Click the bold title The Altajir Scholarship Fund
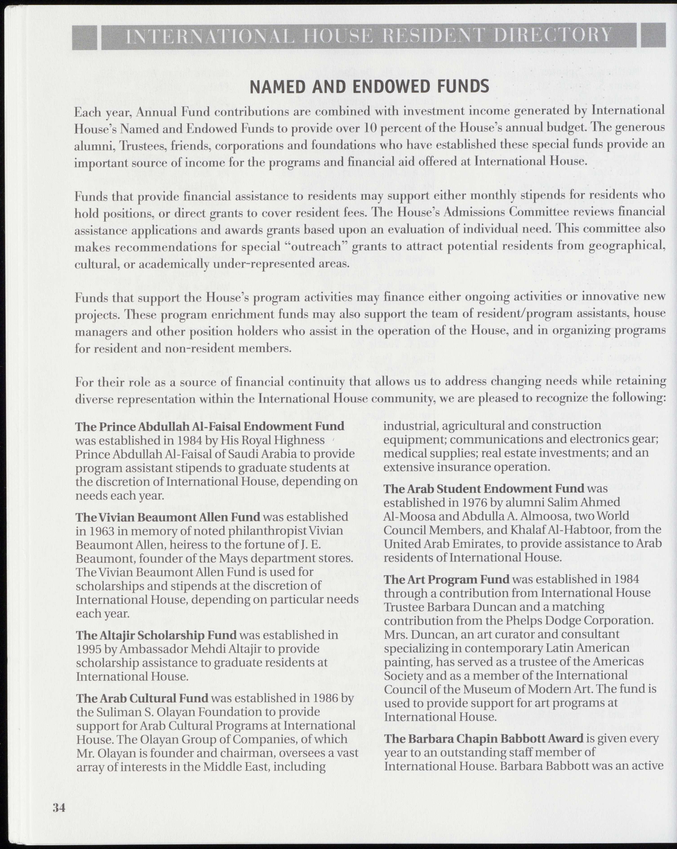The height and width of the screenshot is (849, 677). (156, 635)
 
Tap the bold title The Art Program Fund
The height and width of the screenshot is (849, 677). (447, 579)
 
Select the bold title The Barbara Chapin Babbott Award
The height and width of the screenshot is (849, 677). (484, 738)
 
